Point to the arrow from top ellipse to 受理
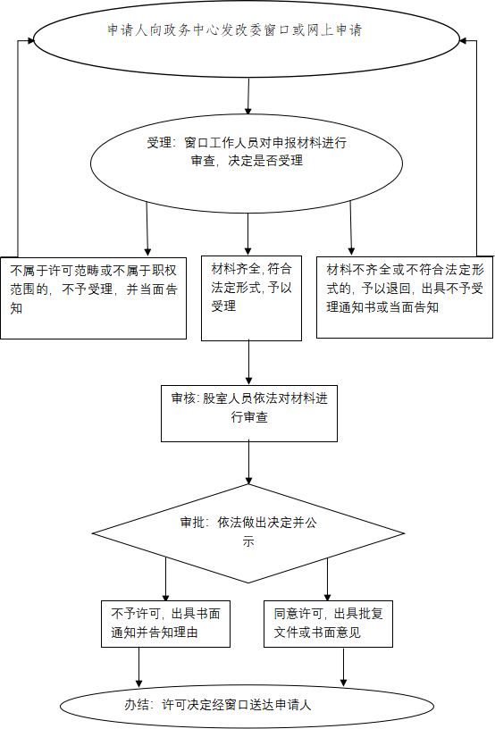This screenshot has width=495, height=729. [x=248, y=96]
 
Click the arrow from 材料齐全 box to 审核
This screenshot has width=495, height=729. [x=249, y=363]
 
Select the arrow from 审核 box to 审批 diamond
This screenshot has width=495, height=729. [x=249, y=463]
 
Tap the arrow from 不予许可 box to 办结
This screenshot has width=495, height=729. [x=138, y=666]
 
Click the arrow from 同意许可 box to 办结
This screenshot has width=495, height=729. [x=343, y=666]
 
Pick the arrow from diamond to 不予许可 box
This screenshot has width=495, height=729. [x=166, y=579]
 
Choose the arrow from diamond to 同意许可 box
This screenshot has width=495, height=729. [x=327, y=579]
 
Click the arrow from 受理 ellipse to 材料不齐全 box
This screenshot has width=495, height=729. [x=351, y=228]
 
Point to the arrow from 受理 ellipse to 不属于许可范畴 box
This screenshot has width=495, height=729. [x=147, y=229]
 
